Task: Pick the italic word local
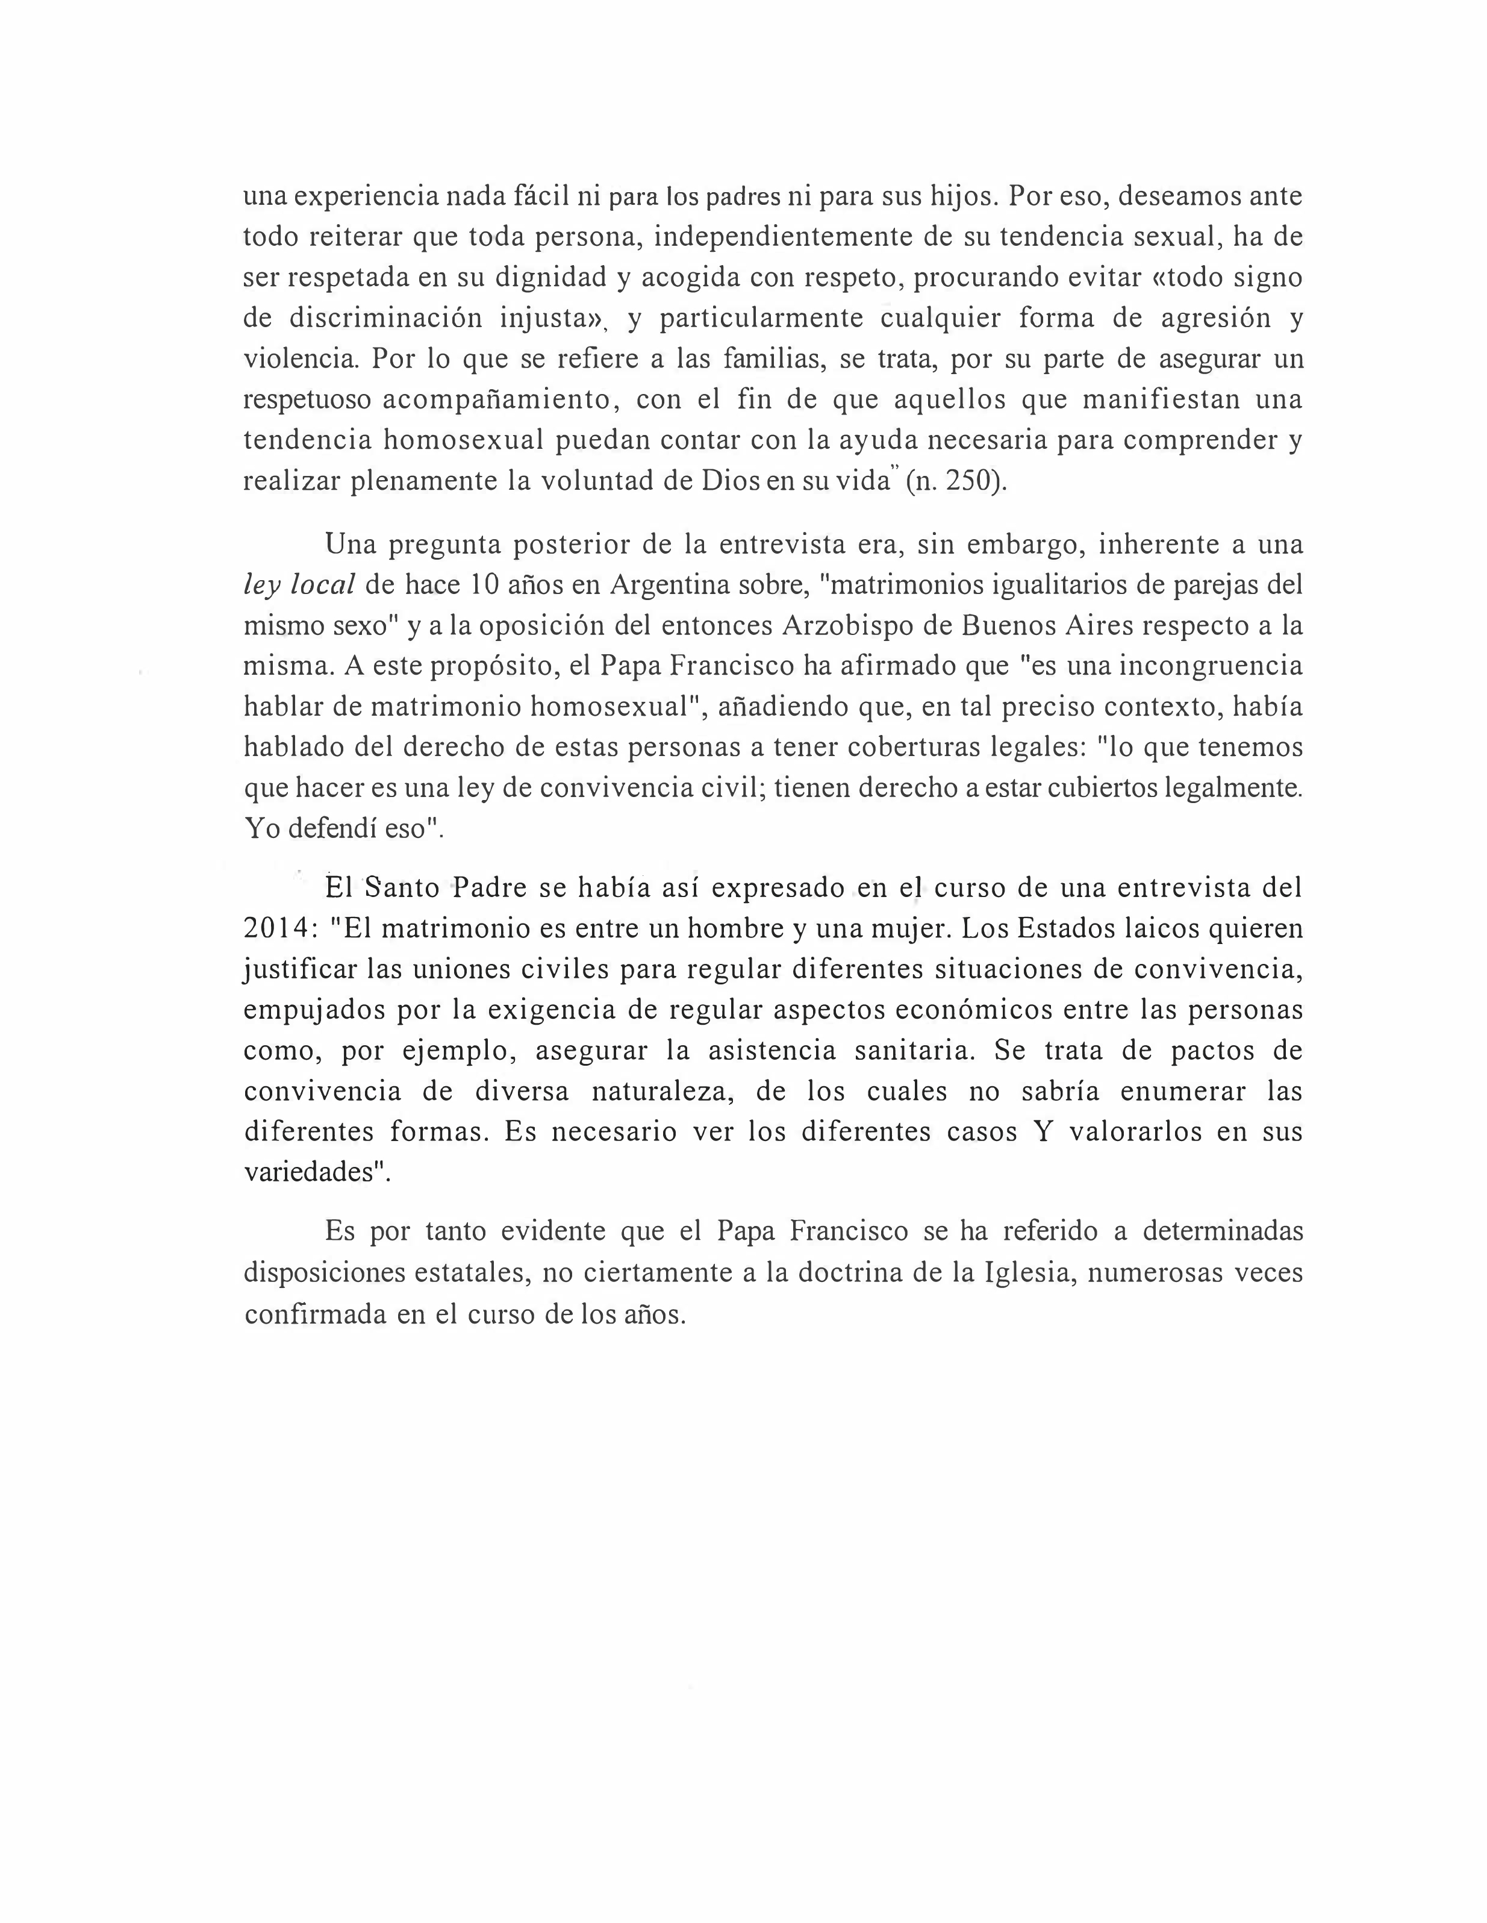pos(323,584)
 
